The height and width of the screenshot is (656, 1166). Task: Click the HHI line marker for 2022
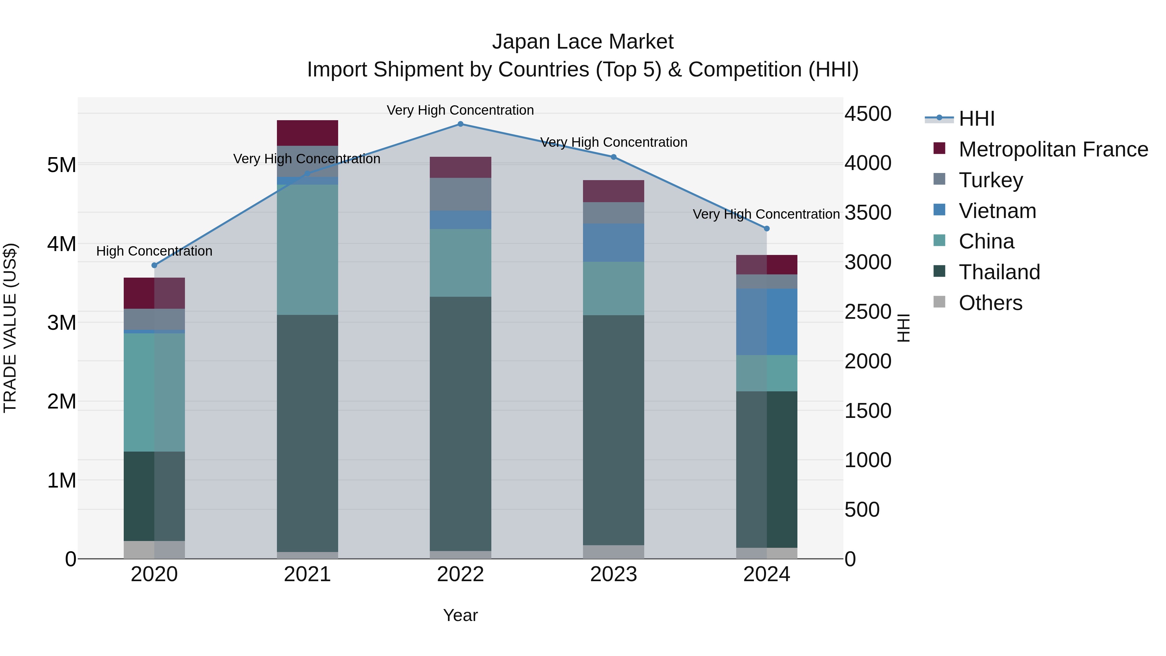click(460, 124)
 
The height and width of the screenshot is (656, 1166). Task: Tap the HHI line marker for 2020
click(154, 265)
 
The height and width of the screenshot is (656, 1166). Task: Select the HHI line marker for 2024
click(767, 229)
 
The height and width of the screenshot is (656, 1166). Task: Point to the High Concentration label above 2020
click(154, 251)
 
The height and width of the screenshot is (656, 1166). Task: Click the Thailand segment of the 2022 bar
click(460, 424)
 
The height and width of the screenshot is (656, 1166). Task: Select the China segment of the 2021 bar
click(307, 249)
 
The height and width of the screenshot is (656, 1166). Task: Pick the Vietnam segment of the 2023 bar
click(613, 242)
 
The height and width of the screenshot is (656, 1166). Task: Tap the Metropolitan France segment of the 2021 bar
click(307, 133)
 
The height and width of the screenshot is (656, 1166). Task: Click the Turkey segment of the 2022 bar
click(460, 194)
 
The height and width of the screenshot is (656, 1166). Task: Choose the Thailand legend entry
click(999, 272)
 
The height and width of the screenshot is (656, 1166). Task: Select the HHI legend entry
click(976, 119)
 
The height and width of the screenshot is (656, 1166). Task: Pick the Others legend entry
click(990, 303)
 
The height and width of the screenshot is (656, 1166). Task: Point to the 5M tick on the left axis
click(62, 165)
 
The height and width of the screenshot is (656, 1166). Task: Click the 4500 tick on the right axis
click(868, 114)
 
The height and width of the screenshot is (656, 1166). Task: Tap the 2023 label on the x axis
click(613, 574)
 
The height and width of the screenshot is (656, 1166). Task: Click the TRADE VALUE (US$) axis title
click(10, 328)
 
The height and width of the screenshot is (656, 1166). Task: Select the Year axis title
click(460, 615)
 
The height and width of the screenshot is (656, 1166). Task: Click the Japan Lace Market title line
click(583, 42)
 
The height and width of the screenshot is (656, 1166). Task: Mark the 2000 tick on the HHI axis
click(868, 361)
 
